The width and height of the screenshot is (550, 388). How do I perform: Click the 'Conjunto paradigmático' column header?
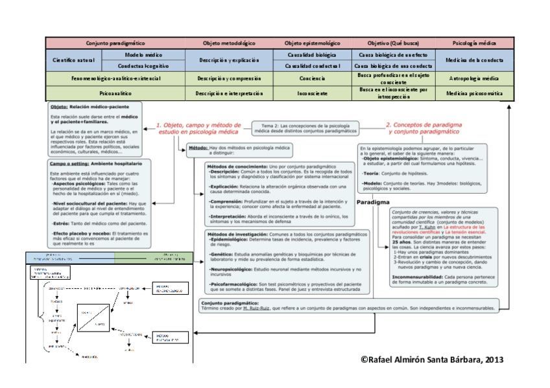[115, 43]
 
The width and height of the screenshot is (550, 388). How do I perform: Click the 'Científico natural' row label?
[74, 60]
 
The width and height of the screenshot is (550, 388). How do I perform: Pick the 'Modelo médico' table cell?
[143, 55]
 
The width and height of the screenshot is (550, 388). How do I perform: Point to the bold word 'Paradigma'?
[373, 203]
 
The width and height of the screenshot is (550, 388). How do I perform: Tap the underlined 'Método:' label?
[197, 148]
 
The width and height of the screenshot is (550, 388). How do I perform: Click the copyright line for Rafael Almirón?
[432, 359]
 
